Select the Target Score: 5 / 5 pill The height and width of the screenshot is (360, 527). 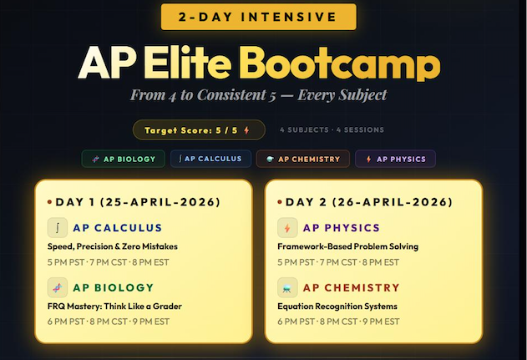pos(199,130)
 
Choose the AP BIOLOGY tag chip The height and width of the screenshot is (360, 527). pos(124,159)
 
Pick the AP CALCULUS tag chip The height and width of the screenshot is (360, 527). pos(211,159)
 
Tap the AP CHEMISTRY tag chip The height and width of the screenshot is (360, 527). pos(302,159)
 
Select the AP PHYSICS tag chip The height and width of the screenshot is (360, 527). pos(395,159)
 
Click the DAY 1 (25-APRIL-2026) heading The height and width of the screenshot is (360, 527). pos(134,202)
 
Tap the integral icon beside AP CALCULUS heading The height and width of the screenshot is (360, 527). pos(57,227)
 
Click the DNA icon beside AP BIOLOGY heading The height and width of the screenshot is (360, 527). pos(57,287)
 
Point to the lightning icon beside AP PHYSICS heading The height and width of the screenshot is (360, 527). pos(286,227)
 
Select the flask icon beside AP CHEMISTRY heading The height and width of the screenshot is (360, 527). pos(286,287)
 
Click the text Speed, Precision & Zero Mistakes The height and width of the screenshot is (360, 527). pos(112,246)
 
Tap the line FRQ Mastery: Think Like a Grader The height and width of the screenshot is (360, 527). pos(114,306)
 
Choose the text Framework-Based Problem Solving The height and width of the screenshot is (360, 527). pos(347,246)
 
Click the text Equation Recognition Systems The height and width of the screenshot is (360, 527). pos(337,306)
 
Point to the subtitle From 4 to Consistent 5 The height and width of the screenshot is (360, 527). pos(258,95)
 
